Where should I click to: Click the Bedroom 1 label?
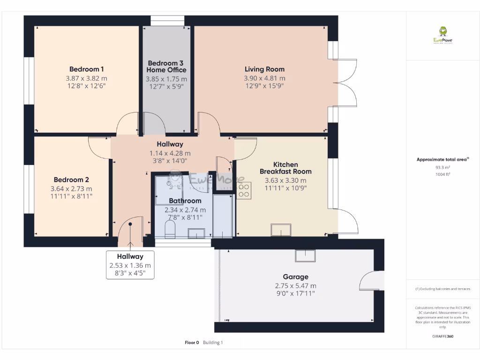click(x=86, y=68)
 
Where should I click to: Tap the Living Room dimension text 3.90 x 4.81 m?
click(x=264, y=78)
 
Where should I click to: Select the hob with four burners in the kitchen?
click(x=244, y=190)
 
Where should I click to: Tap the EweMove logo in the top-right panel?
click(x=442, y=35)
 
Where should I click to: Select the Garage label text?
click(x=295, y=277)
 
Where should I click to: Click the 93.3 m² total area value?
click(x=442, y=167)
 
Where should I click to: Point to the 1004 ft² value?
click(x=442, y=174)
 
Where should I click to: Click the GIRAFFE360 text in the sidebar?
click(x=442, y=336)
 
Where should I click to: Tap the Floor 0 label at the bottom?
click(x=192, y=343)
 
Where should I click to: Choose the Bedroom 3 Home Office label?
click(x=166, y=67)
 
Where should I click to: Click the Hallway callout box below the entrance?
click(x=130, y=265)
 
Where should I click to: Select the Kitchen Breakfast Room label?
click(x=285, y=168)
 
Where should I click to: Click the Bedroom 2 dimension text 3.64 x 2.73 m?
click(x=71, y=188)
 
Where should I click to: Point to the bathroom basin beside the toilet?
click(x=196, y=233)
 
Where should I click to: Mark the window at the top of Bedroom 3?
click(x=167, y=21)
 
